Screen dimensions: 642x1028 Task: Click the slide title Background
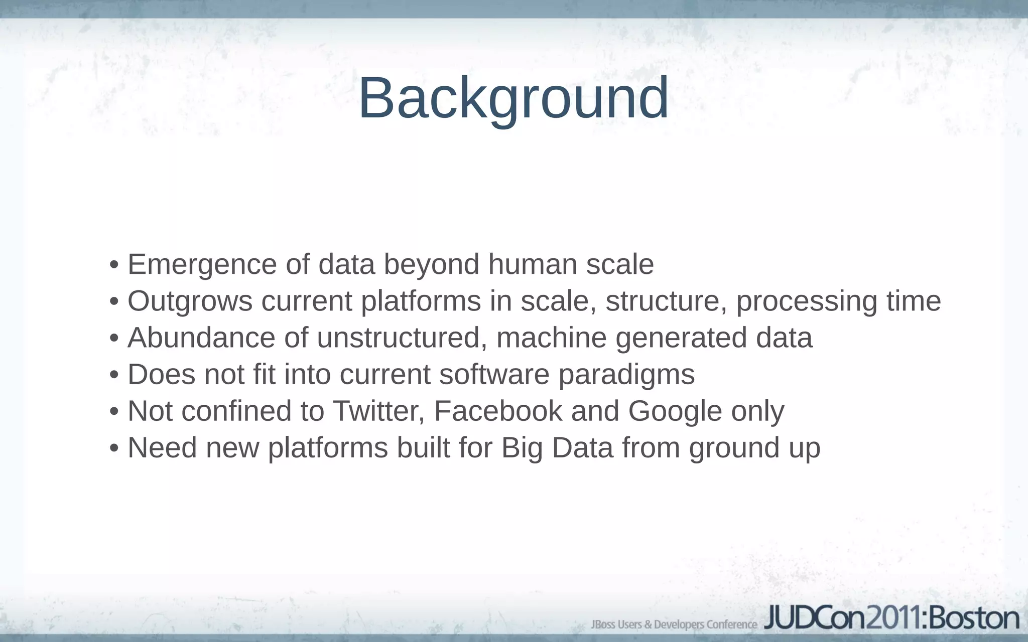point(513,98)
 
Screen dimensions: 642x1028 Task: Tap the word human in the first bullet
point(533,264)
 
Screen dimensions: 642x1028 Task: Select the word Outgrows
point(190,301)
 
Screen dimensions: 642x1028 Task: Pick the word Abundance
point(201,338)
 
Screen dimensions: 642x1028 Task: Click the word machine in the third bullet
point(551,338)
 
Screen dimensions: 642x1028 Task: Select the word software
point(494,374)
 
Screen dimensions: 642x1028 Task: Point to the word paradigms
point(626,375)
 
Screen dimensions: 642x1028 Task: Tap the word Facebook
point(498,411)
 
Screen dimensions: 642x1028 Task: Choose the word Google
point(675,412)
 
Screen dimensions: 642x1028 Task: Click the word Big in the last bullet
point(522,448)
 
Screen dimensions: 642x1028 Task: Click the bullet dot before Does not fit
point(114,375)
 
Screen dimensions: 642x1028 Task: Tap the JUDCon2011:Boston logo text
point(891,618)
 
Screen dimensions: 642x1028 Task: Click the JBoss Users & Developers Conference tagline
point(674,624)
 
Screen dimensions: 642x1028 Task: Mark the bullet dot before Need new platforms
point(114,448)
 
